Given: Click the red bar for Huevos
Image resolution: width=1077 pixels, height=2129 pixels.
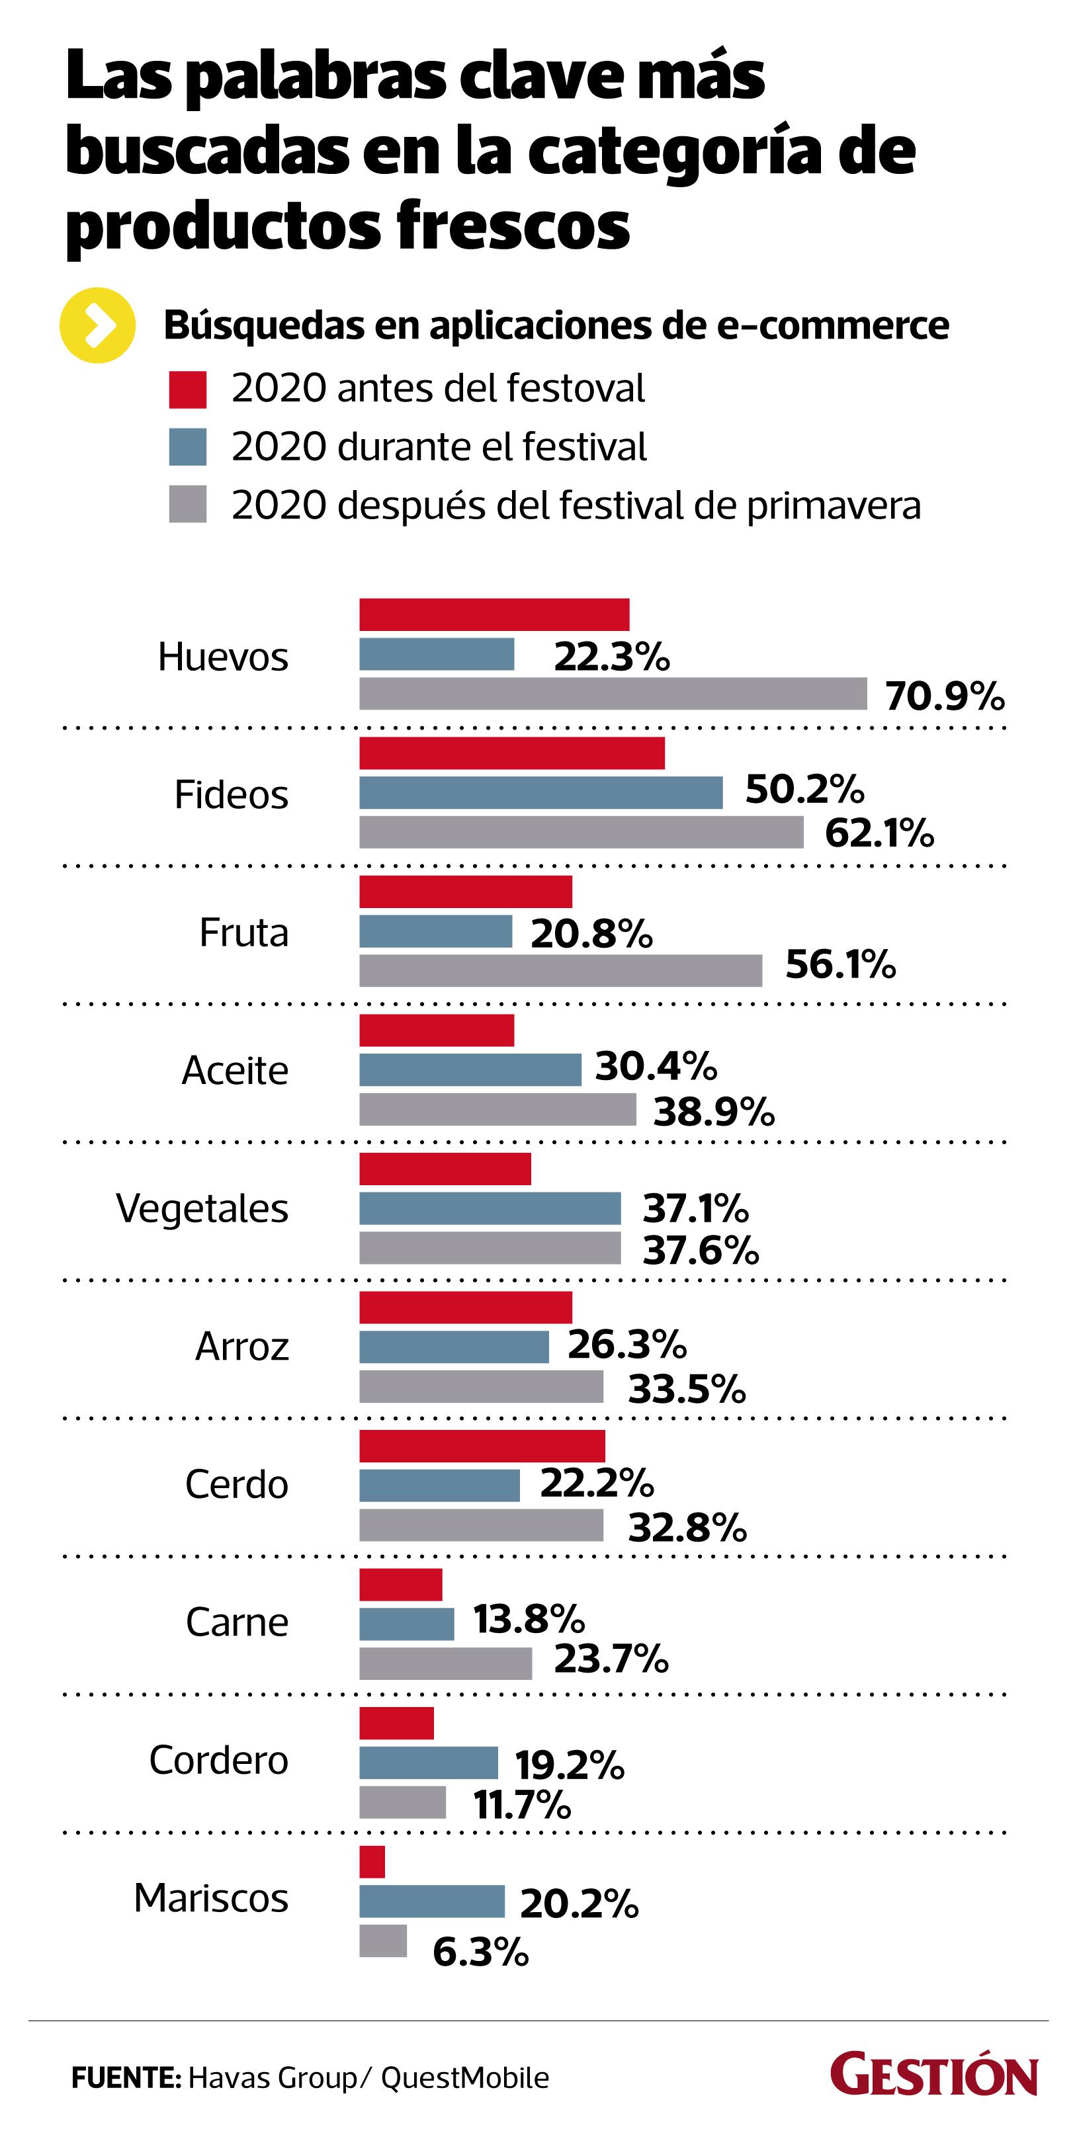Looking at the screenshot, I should (x=494, y=614).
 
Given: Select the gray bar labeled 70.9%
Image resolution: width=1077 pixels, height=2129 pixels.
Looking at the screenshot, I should (x=613, y=693).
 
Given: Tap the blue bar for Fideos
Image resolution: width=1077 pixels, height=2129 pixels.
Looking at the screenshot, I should (x=540, y=792).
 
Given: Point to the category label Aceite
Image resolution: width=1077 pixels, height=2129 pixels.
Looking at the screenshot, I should (x=235, y=1070).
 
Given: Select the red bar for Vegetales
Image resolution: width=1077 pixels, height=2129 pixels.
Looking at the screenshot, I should (x=445, y=1169).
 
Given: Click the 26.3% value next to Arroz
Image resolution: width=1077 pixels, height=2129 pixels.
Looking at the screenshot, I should (x=626, y=1345).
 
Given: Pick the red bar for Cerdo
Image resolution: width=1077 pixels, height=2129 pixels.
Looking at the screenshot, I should (x=482, y=1446).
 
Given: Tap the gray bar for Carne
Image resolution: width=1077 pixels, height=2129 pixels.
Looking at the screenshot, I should (x=445, y=1663).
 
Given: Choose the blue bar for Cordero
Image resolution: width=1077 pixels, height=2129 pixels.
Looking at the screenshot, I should (x=428, y=1762).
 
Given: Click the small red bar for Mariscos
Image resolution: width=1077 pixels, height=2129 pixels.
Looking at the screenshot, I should (x=372, y=1861).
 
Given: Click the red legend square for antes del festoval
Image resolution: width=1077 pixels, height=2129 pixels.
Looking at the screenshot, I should (x=188, y=390).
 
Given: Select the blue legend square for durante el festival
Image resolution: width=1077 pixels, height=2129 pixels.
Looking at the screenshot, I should (x=188, y=447).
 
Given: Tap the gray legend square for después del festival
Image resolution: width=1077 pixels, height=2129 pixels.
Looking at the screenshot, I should (x=188, y=504).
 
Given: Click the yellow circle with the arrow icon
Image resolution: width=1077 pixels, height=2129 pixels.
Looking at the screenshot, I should (x=97, y=325).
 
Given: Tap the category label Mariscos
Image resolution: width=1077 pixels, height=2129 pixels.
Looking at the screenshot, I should (x=211, y=1898).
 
